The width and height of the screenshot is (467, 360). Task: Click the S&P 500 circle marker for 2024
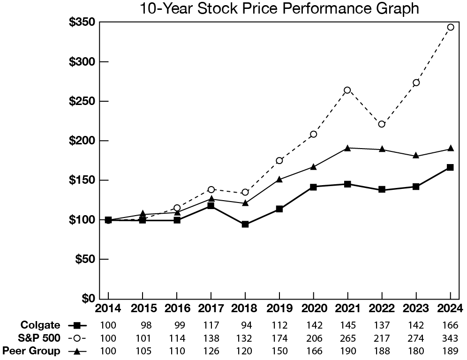click(450, 27)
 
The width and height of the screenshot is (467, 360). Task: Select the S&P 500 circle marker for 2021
click(347, 90)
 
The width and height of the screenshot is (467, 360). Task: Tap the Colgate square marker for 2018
click(245, 224)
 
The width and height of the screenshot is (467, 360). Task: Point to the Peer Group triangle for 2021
click(347, 148)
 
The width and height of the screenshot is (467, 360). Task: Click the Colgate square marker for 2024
click(450, 167)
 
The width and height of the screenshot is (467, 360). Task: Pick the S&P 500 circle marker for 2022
click(382, 124)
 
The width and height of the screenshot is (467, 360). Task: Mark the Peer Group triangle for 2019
click(279, 179)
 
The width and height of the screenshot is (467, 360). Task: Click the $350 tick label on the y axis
click(83, 22)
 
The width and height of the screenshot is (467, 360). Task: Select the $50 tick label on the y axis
click(86, 259)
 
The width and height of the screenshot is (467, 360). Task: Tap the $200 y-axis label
click(83, 141)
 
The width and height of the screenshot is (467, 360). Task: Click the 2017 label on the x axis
click(211, 308)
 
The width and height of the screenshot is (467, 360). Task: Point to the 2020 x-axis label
click(313, 308)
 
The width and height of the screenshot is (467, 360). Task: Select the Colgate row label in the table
click(40, 325)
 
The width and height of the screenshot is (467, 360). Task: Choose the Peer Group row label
click(31, 351)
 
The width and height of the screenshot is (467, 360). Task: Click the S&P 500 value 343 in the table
click(450, 338)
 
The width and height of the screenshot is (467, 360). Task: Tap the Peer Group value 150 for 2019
click(279, 351)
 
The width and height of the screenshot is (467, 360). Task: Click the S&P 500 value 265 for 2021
click(347, 338)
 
